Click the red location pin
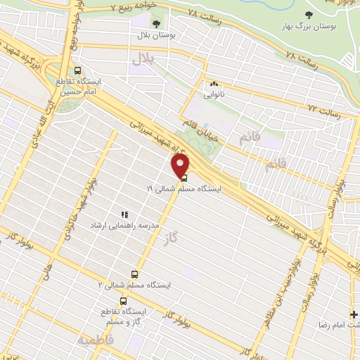click(181, 166)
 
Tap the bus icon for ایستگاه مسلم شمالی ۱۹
click(184, 179)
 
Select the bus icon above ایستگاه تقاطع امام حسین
click(77, 70)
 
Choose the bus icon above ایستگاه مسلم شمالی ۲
click(134, 274)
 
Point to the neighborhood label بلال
click(141, 61)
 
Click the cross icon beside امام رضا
click(354, 314)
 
